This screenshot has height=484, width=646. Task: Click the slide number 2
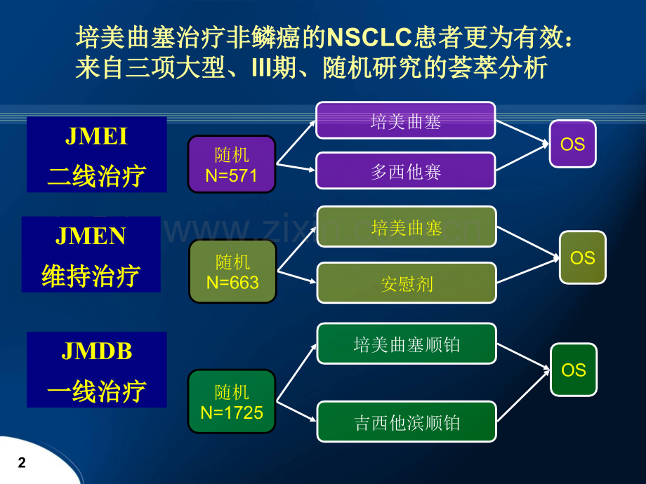pos(22,462)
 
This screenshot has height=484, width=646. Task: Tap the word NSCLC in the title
pos(369,37)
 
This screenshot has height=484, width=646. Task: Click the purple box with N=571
pos(232,164)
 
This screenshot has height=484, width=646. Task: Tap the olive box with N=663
pos(233,271)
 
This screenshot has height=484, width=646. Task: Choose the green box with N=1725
pos(232,402)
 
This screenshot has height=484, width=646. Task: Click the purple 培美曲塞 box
pos(406,121)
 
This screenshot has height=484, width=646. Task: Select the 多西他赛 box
pos(406,170)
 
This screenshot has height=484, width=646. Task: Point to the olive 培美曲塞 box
pos(407,227)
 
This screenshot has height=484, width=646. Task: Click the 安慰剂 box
pos(407,283)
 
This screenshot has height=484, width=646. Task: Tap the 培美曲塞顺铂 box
pos(407,344)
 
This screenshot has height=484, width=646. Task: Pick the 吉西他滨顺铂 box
pos(407,422)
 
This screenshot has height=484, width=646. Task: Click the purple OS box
pos(573,144)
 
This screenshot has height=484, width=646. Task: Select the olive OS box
pos(583,257)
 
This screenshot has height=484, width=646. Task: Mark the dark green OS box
pos(574,370)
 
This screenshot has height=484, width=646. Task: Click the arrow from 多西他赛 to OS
pos(522,157)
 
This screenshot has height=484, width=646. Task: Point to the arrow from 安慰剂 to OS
pos(529,270)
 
